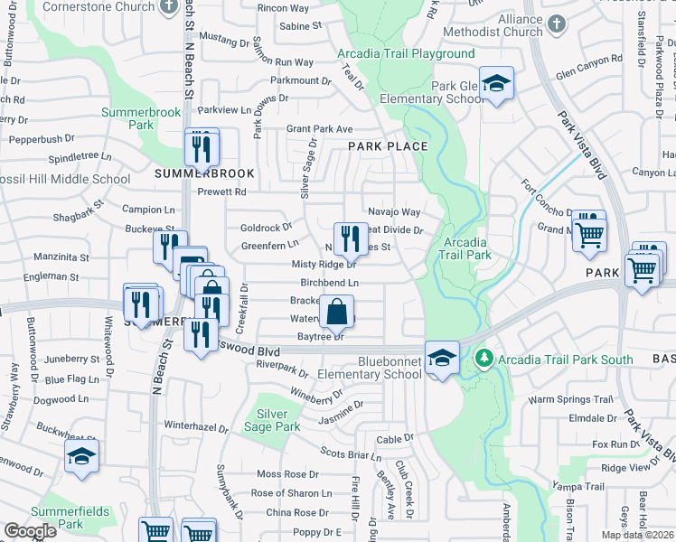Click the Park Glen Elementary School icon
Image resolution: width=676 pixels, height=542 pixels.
pos(495,85)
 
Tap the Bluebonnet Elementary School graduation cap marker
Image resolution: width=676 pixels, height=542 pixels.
pos(441,358)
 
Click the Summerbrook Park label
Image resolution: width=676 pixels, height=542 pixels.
pos(141,118)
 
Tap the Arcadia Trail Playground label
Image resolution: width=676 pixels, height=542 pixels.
pos(406,53)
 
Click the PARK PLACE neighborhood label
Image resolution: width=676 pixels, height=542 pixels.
pos(389,145)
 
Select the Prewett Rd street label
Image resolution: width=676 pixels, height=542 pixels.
pos(221,192)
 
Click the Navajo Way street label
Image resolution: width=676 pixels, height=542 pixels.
pos(394,212)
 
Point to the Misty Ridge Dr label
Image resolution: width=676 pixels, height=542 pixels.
pos(324,265)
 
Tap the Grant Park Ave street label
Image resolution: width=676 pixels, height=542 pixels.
pos(319,129)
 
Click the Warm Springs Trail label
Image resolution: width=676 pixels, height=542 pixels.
pos(571,399)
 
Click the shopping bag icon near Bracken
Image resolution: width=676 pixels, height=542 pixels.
pos(336,313)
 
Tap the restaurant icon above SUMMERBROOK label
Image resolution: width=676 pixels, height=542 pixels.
pos(202,146)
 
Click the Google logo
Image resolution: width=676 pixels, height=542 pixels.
pos(31,530)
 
